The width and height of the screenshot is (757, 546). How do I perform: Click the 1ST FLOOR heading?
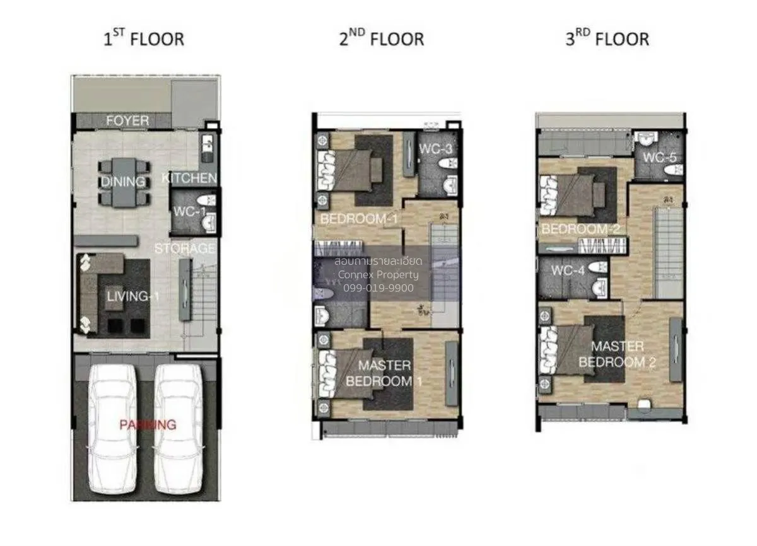144,39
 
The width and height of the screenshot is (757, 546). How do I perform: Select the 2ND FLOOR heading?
381,39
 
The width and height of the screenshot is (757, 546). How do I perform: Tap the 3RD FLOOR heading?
607,39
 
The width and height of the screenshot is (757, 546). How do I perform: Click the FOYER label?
127,120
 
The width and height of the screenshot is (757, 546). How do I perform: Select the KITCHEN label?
189,178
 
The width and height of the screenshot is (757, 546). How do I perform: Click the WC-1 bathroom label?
190,212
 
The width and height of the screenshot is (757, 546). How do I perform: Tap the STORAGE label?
185,248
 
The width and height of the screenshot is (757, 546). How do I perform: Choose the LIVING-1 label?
128,296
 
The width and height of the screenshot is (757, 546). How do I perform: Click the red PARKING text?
148,424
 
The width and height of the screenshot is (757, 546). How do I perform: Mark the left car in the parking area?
112,429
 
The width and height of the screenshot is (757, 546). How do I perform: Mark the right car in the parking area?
179,429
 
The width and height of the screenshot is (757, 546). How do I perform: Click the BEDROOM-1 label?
358,219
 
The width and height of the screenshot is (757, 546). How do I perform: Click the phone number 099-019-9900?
378,288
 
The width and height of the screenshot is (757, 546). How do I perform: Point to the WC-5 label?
660,157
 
